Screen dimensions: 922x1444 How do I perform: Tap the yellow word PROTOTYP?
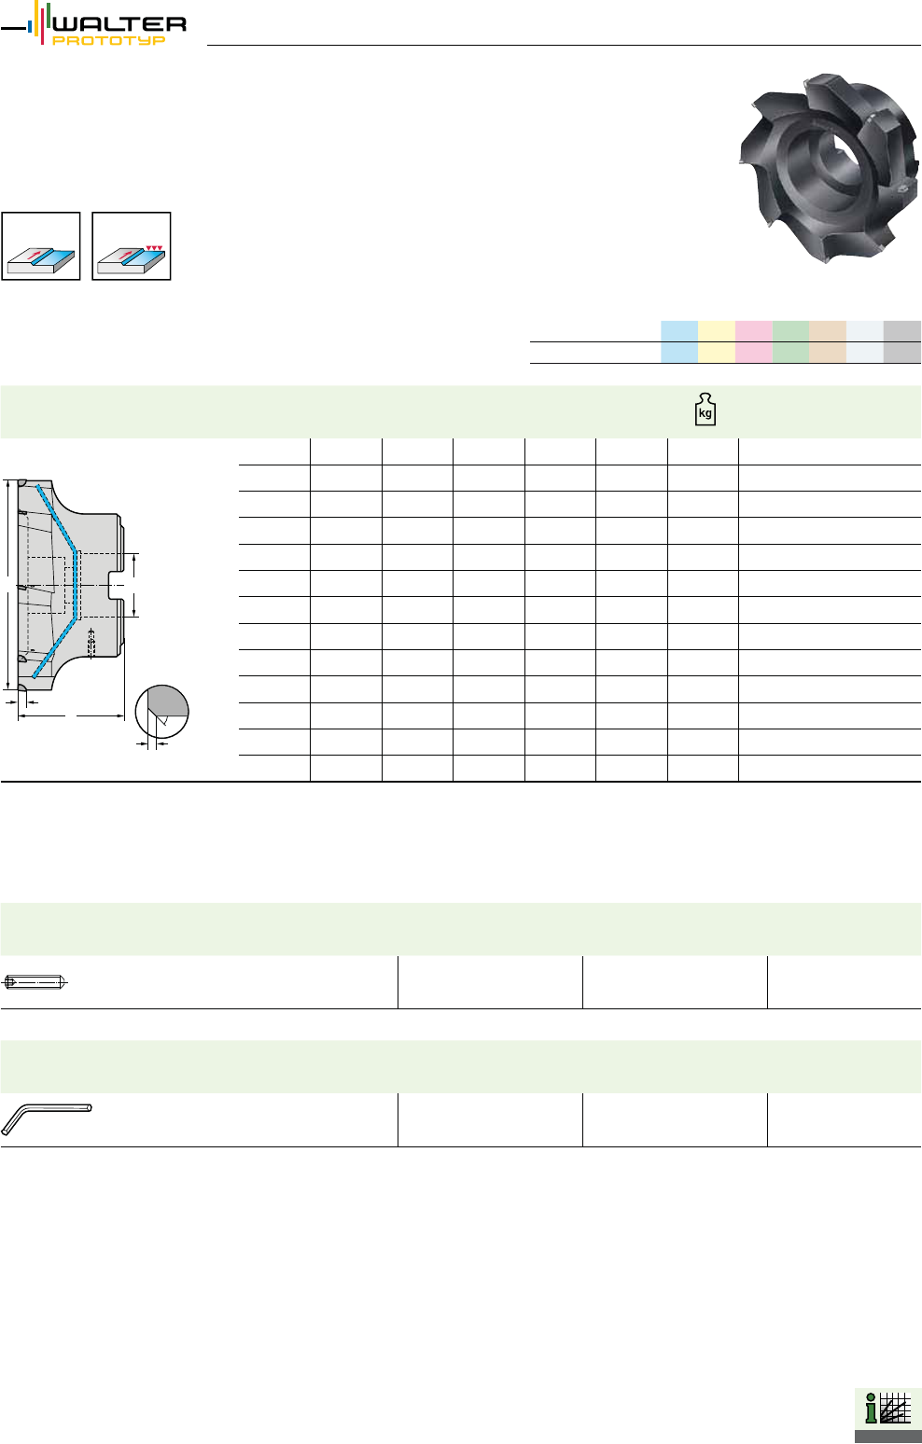click(x=109, y=41)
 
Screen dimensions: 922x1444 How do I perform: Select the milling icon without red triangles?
click(x=41, y=246)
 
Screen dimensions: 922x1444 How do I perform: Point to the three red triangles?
click(x=154, y=247)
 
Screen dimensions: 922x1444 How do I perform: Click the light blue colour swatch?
click(x=679, y=341)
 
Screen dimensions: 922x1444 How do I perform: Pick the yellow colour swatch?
click(x=717, y=341)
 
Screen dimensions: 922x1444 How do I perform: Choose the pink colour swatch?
click(x=754, y=341)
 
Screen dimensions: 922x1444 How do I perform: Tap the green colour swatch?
click(x=790, y=341)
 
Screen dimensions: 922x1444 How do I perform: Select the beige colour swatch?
click(x=828, y=341)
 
